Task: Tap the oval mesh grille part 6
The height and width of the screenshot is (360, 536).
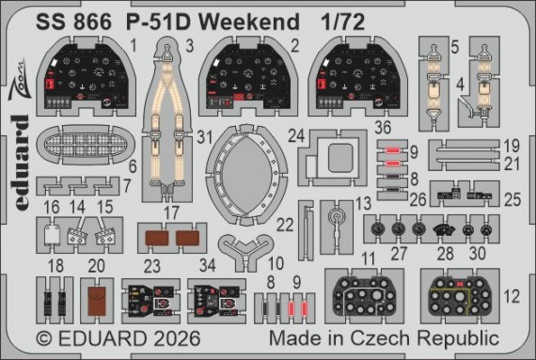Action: coord(82,150)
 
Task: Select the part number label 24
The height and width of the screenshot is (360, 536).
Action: coord(296,133)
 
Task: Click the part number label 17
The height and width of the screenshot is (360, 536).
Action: coord(171,212)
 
